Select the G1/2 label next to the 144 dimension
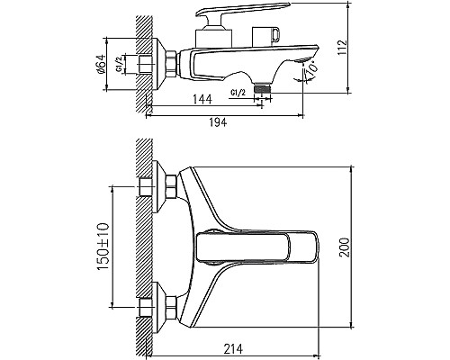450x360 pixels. [240, 94]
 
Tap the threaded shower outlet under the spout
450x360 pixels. [263, 89]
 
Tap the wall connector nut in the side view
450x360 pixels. [168, 64]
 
